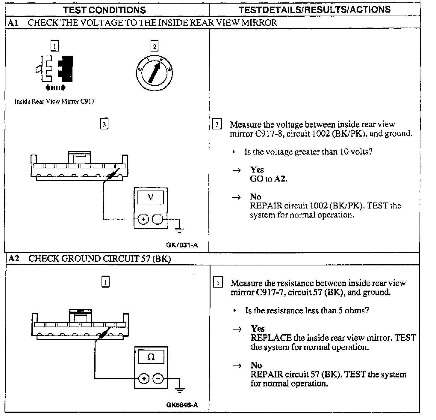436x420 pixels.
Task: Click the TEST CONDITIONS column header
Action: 105,10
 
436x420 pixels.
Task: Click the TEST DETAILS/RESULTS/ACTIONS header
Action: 314,10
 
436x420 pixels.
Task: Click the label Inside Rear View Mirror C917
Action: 54,102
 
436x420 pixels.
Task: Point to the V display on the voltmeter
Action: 150,197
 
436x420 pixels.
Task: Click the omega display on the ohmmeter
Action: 151,357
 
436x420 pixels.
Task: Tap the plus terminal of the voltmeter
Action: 143,219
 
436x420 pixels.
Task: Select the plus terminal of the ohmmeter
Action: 144,379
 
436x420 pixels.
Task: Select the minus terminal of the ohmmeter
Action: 158,379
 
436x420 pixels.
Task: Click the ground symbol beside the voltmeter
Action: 179,230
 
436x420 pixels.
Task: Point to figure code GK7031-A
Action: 182,245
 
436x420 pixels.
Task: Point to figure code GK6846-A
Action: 182,405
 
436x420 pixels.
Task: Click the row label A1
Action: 13,23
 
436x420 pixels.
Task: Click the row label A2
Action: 14,259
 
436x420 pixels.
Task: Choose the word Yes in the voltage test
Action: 257,170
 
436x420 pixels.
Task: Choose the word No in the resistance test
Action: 256,365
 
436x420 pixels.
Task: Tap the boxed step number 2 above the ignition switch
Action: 154,46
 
